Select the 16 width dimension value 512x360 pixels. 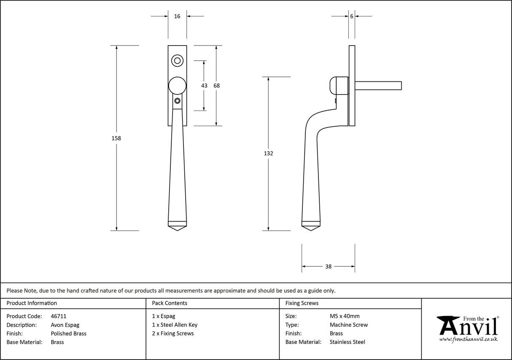(x=177, y=16)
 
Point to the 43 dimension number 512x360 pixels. (x=204, y=86)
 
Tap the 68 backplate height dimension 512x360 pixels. (x=216, y=86)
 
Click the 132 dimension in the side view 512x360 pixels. (x=268, y=154)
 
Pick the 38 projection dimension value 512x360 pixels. (x=328, y=266)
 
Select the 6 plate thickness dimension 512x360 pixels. (x=351, y=16)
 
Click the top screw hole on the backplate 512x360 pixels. (x=177, y=61)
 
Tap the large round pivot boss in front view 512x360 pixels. (x=177, y=86)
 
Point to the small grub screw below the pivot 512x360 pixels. (x=177, y=101)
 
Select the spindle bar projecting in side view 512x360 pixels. (x=378, y=86)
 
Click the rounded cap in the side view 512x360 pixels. (x=337, y=86)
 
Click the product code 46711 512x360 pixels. (x=58, y=316)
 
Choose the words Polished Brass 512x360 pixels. (x=68, y=333)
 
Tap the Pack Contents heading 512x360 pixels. (x=170, y=303)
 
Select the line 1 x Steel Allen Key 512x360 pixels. (x=175, y=325)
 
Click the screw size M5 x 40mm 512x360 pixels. (x=345, y=316)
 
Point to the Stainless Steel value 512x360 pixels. (x=347, y=342)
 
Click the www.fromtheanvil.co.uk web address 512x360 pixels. (x=468, y=339)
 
